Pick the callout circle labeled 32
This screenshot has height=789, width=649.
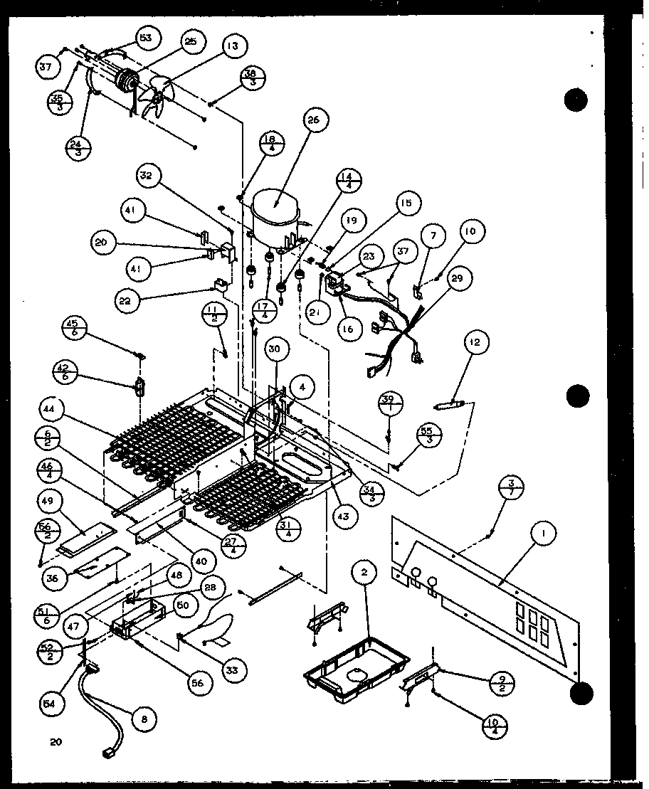(150, 176)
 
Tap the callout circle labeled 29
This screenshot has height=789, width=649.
(456, 278)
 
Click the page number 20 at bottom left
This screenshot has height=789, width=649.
(56, 743)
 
